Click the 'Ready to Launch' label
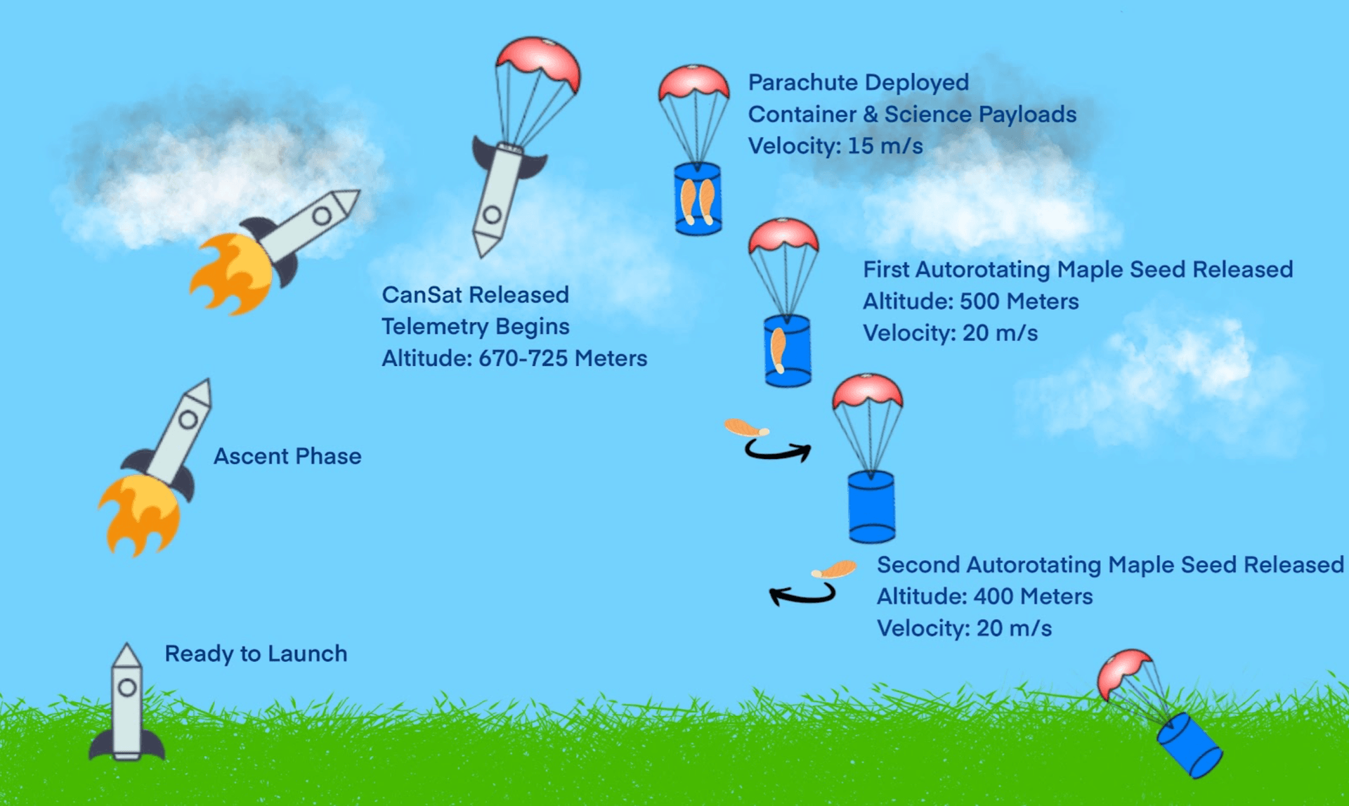(x=256, y=654)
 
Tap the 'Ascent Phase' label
(x=287, y=457)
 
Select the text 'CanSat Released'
(x=475, y=295)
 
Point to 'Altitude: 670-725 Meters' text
(x=514, y=358)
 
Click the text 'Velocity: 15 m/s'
(x=835, y=146)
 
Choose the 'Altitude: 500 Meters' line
(x=970, y=301)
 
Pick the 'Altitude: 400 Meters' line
(x=984, y=597)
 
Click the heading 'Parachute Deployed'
(x=858, y=83)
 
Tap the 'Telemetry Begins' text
(x=475, y=327)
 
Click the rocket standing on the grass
(x=127, y=703)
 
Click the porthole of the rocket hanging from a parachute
(x=492, y=214)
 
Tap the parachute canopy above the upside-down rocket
(x=539, y=63)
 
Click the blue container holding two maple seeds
(x=698, y=199)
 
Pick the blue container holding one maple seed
(x=788, y=351)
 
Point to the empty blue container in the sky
(x=871, y=507)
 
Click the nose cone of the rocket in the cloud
(x=347, y=200)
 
